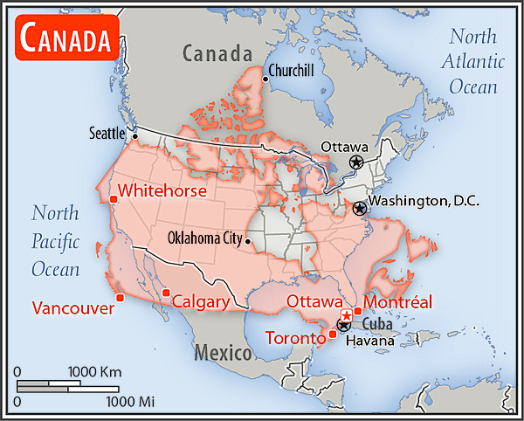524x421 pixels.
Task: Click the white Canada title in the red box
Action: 66,39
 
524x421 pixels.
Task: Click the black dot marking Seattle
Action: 134,136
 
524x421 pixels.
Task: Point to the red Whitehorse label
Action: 162,190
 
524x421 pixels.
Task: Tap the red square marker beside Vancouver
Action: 120,298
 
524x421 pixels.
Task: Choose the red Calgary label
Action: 200,302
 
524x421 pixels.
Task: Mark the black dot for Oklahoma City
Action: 249,240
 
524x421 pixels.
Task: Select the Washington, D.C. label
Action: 423,200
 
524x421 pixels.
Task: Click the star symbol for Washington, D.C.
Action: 359,208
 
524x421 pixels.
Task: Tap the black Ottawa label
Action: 344,147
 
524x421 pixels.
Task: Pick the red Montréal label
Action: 397,302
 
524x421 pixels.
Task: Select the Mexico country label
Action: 222,353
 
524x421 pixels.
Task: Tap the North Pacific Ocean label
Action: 56,241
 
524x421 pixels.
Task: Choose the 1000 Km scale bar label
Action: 97,371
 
